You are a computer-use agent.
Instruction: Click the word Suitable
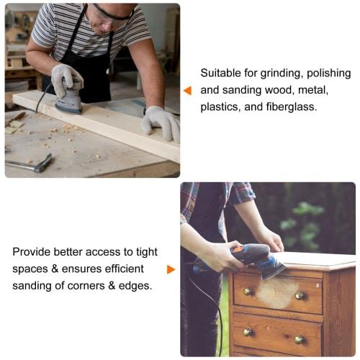(x=220, y=73)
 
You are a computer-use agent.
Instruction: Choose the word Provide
(x=32, y=251)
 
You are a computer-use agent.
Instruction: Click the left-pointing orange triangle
(x=187, y=91)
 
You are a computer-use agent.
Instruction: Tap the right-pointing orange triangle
(x=171, y=269)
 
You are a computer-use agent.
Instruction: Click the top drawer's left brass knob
(x=248, y=291)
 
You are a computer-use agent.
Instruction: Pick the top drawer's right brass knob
(x=300, y=295)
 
